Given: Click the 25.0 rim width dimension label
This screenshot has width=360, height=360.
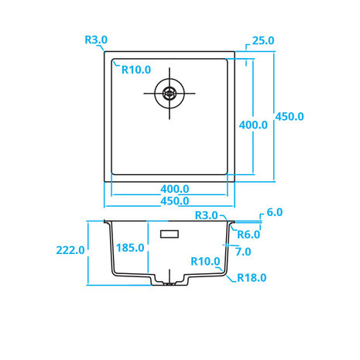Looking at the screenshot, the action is click(263, 41).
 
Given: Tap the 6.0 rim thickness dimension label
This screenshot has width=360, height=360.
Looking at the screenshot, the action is click(275, 212).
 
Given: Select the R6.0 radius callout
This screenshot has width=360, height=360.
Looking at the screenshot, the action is click(249, 235).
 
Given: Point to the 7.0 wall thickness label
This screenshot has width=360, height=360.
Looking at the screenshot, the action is click(243, 252).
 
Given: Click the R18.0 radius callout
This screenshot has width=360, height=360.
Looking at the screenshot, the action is click(252, 278).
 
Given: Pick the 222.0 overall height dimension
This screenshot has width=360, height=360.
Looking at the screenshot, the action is click(70, 250).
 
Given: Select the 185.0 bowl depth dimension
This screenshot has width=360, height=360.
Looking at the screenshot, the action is click(130, 248).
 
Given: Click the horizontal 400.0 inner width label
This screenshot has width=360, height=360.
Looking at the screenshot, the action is click(175, 189).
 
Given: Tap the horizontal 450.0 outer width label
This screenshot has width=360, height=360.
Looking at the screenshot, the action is click(175, 201).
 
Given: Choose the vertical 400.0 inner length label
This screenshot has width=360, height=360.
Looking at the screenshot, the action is click(253, 125).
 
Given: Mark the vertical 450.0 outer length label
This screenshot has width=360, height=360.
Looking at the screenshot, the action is click(290, 117).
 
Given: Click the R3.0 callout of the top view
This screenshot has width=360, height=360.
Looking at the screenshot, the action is click(96, 40).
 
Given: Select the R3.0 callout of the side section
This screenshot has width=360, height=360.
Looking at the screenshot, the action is click(206, 215).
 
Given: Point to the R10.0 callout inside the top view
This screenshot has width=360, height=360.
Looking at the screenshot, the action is click(136, 70).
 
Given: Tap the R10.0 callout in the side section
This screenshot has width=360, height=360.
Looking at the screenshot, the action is click(205, 262).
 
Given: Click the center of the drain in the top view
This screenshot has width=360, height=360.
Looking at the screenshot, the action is click(170, 93).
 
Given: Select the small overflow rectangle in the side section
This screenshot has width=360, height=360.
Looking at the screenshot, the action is click(170, 234).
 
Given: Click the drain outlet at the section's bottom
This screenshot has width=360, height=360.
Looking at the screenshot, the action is click(170, 283).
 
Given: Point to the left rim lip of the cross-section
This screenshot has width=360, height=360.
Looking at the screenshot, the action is click(106, 221).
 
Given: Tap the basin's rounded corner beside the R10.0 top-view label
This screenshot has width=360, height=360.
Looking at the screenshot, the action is click(114, 61).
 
